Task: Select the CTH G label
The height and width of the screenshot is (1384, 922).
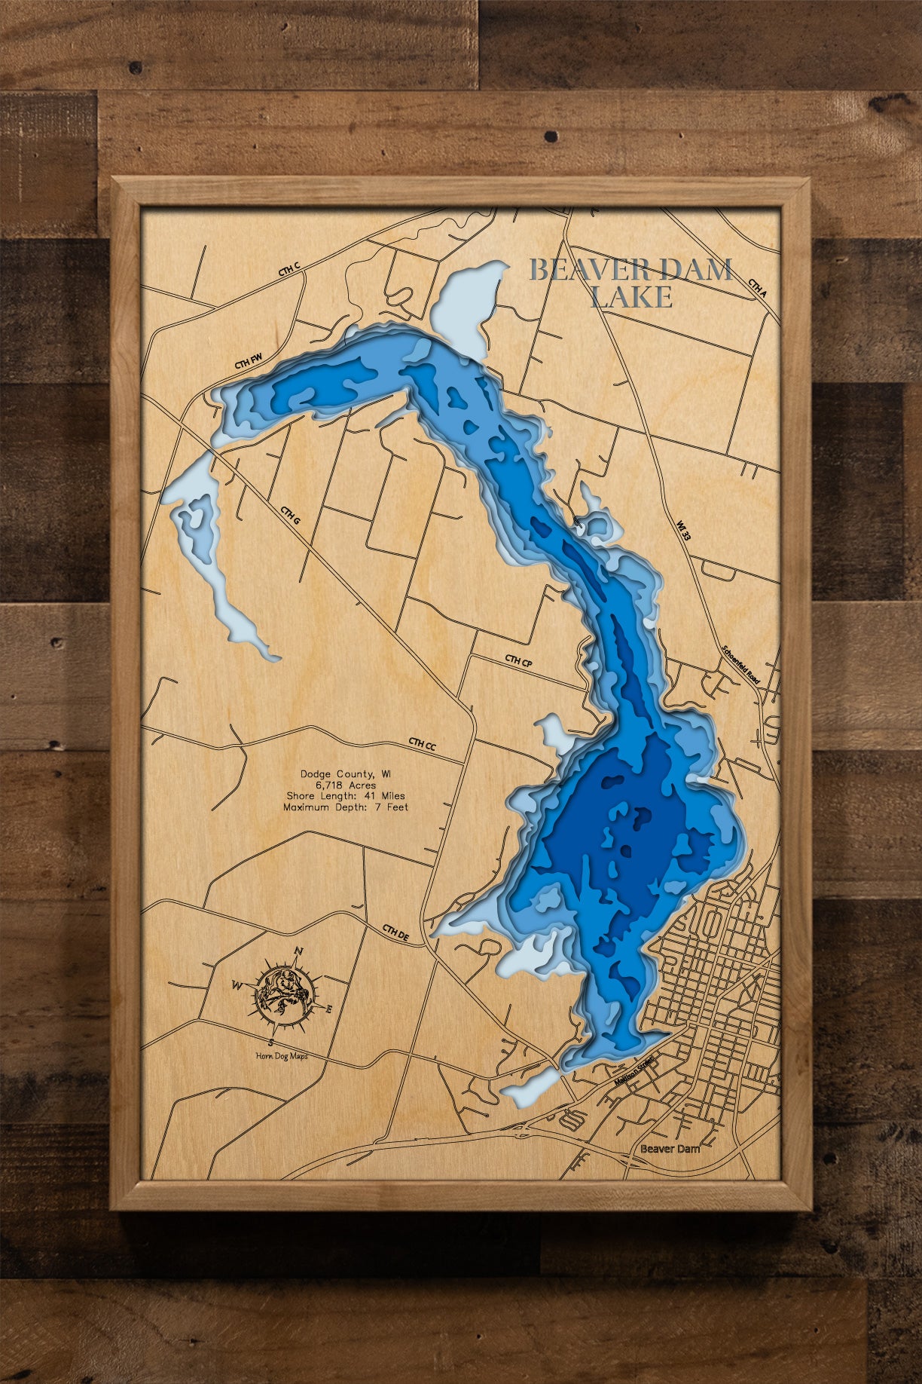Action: coord(291,516)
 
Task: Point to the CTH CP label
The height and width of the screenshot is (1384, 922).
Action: coord(518,660)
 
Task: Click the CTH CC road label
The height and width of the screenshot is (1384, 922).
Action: coord(422,744)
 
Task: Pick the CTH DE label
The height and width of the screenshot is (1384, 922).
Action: coord(395,933)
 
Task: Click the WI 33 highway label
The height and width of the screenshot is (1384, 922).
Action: coord(683,530)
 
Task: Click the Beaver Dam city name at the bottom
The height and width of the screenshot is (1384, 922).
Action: coord(670,1149)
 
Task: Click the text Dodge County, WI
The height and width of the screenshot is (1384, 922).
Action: coord(346,773)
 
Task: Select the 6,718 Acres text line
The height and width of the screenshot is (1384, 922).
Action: coord(346,785)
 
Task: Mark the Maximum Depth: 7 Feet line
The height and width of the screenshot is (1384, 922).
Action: coord(346,807)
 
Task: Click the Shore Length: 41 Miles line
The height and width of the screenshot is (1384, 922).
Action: coord(346,796)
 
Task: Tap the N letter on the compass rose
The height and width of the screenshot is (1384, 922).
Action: coord(298,951)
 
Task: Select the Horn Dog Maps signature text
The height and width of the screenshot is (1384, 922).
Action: coord(281,1056)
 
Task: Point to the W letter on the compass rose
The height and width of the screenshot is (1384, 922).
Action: coord(237,985)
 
